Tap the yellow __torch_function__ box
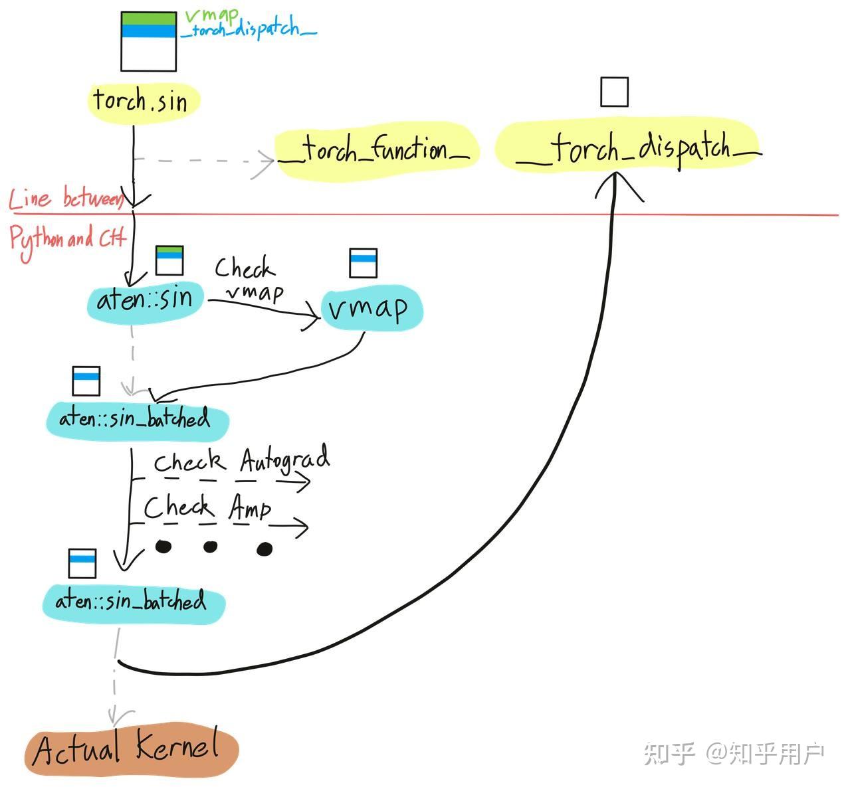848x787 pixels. coord(376,150)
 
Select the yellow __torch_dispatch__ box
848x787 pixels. coord(628,148)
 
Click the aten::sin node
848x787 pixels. coord(146,300)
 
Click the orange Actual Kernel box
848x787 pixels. coord(131,750)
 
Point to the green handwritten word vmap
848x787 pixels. coord(211,15)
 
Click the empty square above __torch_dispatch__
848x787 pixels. coord(614,92)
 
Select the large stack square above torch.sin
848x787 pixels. coord(148,42)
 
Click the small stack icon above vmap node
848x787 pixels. coord(363,262)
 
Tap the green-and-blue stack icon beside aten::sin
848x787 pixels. coord(169,260)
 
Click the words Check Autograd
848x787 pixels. coord(241,460)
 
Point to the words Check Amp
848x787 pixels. coord(207,508)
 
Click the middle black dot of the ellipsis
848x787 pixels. coord(210,547)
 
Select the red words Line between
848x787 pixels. coord(65,199)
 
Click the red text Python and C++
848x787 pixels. coord(66,238)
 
